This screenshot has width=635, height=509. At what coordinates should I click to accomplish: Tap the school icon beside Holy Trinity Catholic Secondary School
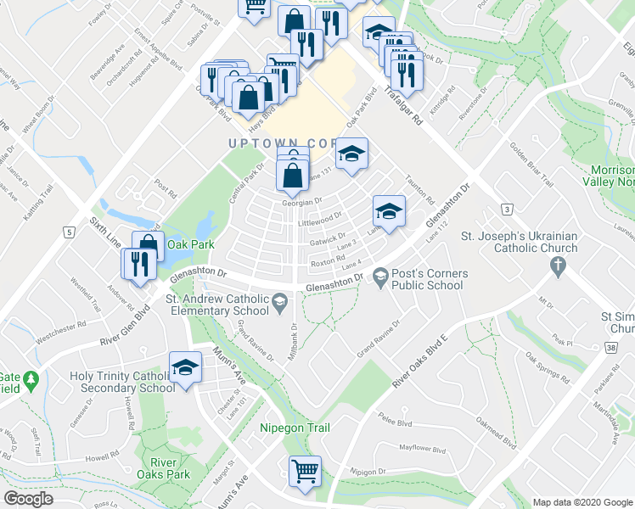coord(184,368)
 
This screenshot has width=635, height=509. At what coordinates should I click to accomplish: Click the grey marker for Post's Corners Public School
coord(379,276)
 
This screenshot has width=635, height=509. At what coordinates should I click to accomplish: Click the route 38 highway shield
coord(611,347)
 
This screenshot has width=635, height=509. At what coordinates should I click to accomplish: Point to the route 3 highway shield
coord(507,208)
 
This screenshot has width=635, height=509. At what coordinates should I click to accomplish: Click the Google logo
coord(28,499)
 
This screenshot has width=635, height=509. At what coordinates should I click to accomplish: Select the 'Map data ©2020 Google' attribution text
coord(582,502)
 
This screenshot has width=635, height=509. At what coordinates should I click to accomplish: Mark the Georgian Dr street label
coord(303,202)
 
